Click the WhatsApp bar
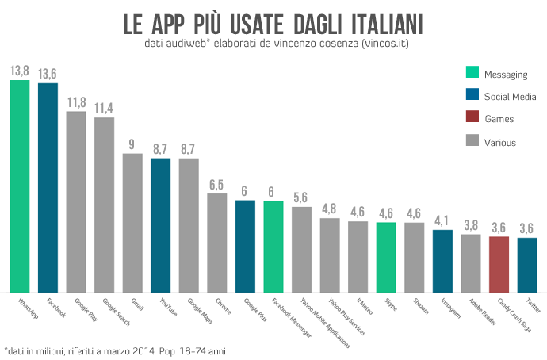point(19,186)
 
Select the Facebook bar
point(48,188)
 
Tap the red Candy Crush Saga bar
point(499,264)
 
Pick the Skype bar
point(386,257)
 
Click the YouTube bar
point(161,225)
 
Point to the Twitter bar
point(527,265)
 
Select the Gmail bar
point(132,223)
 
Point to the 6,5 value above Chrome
point(217,185)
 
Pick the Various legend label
point(501,142)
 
